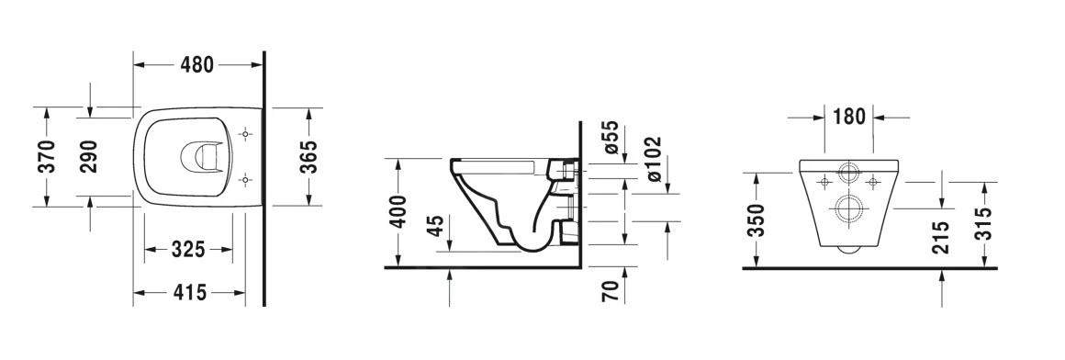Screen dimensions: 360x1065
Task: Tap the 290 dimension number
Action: [x=89, y=157]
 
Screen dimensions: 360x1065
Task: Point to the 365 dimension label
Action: [x=309, y=157]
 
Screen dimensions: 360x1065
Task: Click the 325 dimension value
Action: [x=187, y=250]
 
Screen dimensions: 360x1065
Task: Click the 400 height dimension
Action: [x=398, y=214]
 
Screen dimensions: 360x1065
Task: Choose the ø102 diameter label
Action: [x=654, y=158]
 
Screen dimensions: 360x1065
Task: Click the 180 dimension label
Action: [x=849, y=117]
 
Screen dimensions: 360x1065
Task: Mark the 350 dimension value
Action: [x=756, y=220]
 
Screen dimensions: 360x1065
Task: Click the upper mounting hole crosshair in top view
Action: [x=244, y=135]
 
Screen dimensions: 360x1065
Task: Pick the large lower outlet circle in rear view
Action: [x=846, y=208]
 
